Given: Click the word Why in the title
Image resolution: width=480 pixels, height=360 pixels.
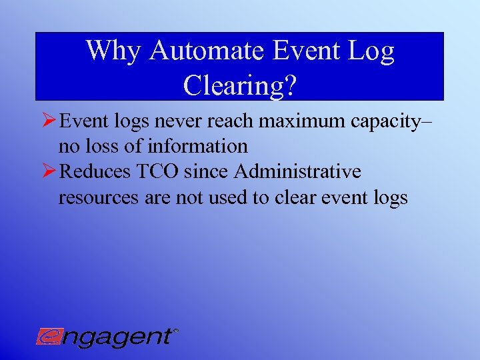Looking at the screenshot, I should [111, 51].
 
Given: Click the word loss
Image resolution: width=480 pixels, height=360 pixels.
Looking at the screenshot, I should [99, 146].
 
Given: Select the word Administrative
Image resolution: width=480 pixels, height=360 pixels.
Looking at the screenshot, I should [298, 172].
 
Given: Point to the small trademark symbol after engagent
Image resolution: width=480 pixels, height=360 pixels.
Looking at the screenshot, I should [175, 330].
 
